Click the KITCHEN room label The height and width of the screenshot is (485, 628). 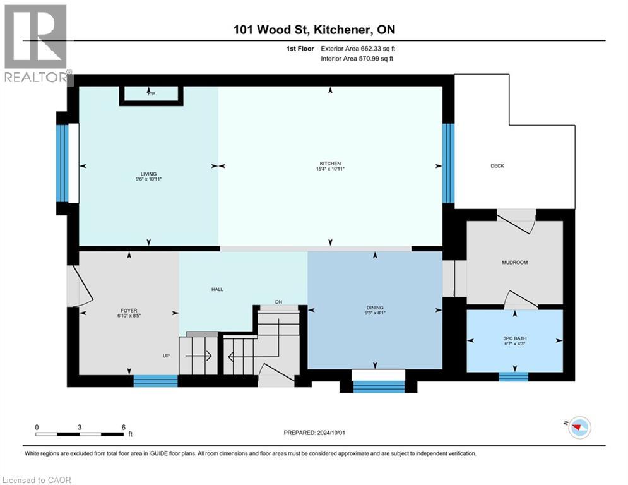click(329, 163)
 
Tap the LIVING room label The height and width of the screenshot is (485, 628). click(148, 174)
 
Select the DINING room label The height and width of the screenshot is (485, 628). click(375, 308)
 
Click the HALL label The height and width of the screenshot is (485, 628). click(217, 289)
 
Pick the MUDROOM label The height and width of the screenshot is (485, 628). click(514, 262)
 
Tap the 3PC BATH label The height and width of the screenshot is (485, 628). click(515, 338)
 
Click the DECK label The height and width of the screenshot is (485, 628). click(497, 166)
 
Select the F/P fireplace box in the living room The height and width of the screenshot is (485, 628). click(151, 93)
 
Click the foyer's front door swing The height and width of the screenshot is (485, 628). click(81, 287)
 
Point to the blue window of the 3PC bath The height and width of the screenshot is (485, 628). click(513, 377)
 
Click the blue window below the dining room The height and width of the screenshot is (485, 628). click(378, 386)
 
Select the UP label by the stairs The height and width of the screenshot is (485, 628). click(167, 356)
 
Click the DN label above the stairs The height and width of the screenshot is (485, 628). click(278, 301)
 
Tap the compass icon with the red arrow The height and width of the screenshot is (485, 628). click(578, 428)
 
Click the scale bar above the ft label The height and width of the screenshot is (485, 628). click(80, 434)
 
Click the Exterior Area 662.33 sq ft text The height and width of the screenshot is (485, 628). click(358, 48)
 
